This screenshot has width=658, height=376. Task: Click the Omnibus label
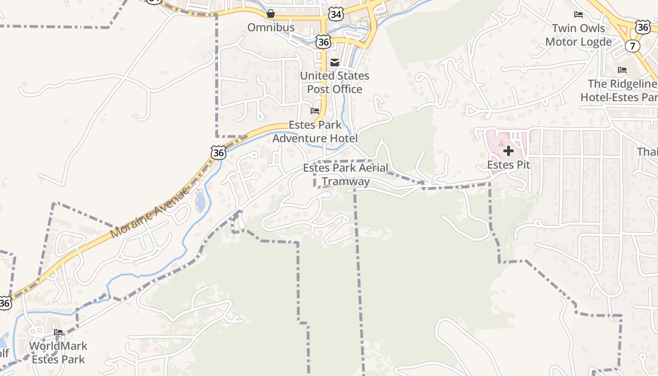[271, 27]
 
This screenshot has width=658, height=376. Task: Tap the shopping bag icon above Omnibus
[271, 14]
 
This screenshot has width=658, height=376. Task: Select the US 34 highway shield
[336, 14]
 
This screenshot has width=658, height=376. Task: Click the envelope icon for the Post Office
[335, 63]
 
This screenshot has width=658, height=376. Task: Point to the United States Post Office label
[335, 82]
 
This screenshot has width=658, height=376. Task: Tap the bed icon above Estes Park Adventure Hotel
[315, 111]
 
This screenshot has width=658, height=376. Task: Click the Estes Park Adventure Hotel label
[315, 132]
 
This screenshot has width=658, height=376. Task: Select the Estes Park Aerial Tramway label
[345, 174]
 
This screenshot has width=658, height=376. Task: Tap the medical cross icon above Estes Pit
[509, 151]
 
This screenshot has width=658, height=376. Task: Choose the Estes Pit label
[509, 165]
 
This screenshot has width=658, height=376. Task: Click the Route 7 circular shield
[633, 46]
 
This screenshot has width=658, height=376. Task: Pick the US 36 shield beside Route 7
[643, 27]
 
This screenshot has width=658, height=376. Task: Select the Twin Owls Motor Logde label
[579, 35]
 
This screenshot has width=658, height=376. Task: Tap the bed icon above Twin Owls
[579, 15]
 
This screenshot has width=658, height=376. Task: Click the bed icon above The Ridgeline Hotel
[622, 70]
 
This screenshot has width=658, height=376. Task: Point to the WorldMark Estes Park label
[58, 352]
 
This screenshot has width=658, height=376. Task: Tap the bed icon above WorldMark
[58, 332]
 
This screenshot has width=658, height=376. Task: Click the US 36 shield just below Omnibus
[323, 41]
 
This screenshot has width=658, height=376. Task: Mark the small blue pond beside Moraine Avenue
[201, 201]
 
